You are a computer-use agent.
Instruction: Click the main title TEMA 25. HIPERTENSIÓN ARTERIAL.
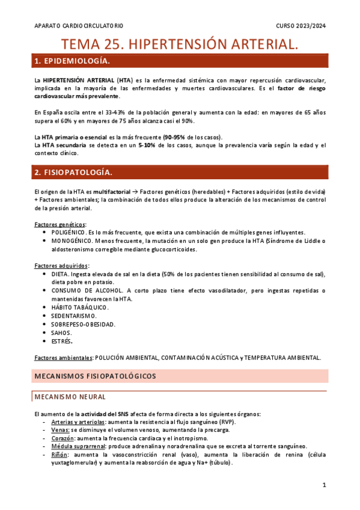[180, 44]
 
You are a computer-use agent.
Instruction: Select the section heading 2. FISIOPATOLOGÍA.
[73, 173]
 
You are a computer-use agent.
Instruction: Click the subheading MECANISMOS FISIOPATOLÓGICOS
[95, 376]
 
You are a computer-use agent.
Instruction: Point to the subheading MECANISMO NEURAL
[70, 397]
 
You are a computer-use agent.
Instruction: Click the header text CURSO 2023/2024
[301, 26]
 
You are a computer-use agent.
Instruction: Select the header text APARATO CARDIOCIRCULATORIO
[79, 26]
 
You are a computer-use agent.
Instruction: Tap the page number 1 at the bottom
[324, 485]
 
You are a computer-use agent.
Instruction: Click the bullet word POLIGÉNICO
[68, 232]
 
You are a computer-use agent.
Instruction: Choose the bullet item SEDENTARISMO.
[73, 316]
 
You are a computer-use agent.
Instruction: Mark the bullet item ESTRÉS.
[62, 341]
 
